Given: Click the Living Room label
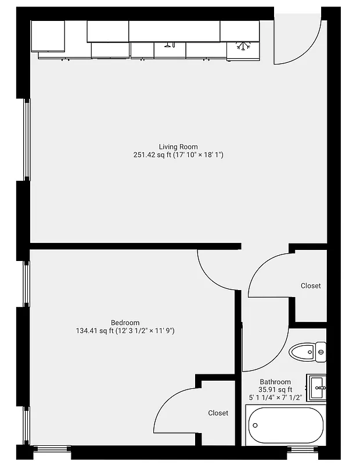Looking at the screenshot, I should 178,146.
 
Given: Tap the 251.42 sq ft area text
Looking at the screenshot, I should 178,155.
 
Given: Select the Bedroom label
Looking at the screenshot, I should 125,323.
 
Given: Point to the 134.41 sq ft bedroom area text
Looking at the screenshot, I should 125,331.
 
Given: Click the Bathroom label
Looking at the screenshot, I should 275,382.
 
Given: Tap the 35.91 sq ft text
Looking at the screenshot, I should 275,389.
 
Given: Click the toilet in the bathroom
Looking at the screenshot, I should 307,351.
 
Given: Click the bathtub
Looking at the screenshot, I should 285,426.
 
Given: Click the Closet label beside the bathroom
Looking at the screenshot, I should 311,286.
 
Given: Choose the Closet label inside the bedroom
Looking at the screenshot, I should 218,413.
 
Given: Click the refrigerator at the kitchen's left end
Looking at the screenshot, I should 48,36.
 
